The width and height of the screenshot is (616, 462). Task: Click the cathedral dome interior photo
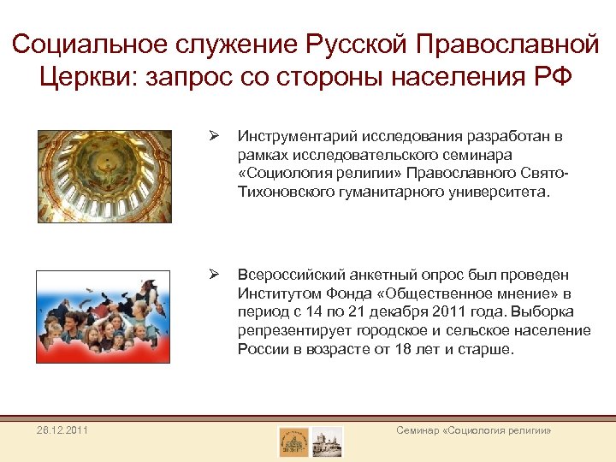pos(104,176)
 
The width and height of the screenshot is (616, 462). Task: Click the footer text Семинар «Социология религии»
pos(474,430)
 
